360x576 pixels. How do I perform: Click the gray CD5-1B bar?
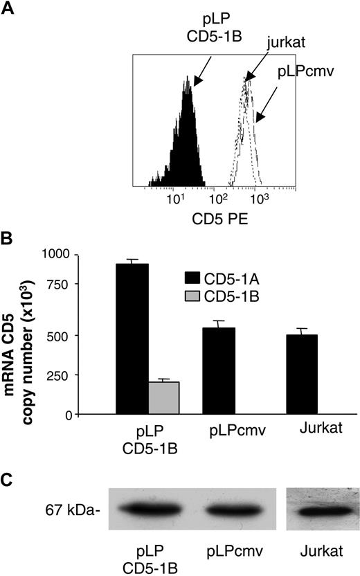pyautogui.click(x=165, y=398)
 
